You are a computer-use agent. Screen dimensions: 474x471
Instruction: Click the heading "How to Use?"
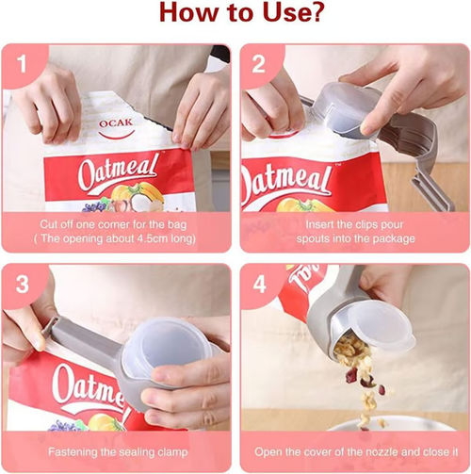(x=235, y=15)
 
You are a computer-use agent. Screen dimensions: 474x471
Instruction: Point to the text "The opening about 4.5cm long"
(x=117, y=239)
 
